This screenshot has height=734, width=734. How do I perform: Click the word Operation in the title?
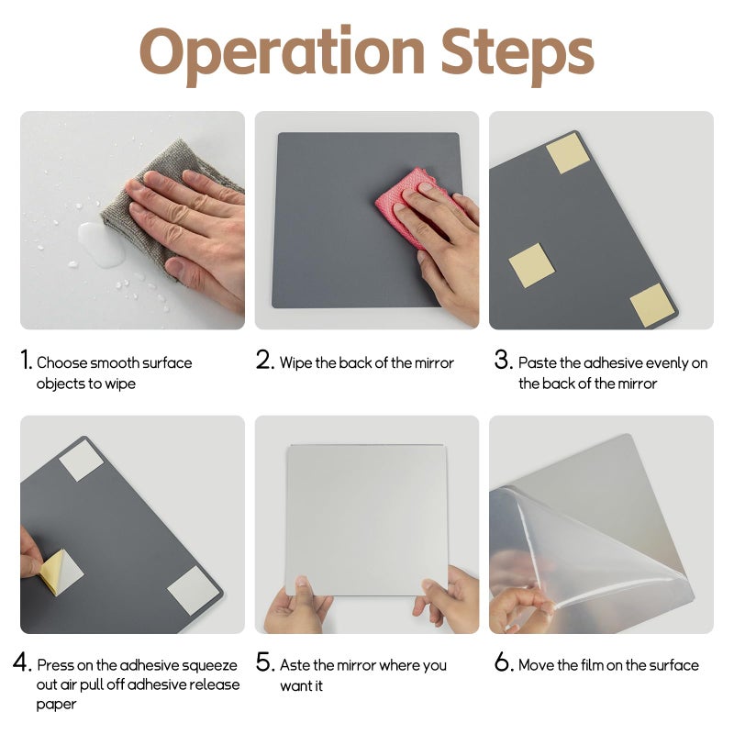coord(282,55)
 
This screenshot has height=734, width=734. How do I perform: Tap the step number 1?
coord(27,360)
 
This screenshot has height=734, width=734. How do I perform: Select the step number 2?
coord(264,360)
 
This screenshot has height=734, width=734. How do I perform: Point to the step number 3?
coord(503,360)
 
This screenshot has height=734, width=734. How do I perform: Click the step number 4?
coord(22,662)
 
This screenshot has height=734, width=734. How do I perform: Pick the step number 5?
coord(264,662)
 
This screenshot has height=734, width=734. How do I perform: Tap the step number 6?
coord(503,662)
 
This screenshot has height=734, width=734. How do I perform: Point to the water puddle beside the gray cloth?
coord(102,244)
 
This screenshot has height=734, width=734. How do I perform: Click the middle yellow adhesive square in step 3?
coord(531,265)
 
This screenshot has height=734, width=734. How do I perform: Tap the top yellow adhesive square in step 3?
coord(567,152)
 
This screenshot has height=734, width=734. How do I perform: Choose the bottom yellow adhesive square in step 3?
coord(652,306)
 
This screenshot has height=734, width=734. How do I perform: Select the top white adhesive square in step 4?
coord(81,462)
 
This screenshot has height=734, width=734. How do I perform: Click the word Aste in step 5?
coord(295,665)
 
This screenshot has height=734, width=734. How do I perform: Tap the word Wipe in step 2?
coord(295,363)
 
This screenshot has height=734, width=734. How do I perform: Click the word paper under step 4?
coord(56,705)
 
